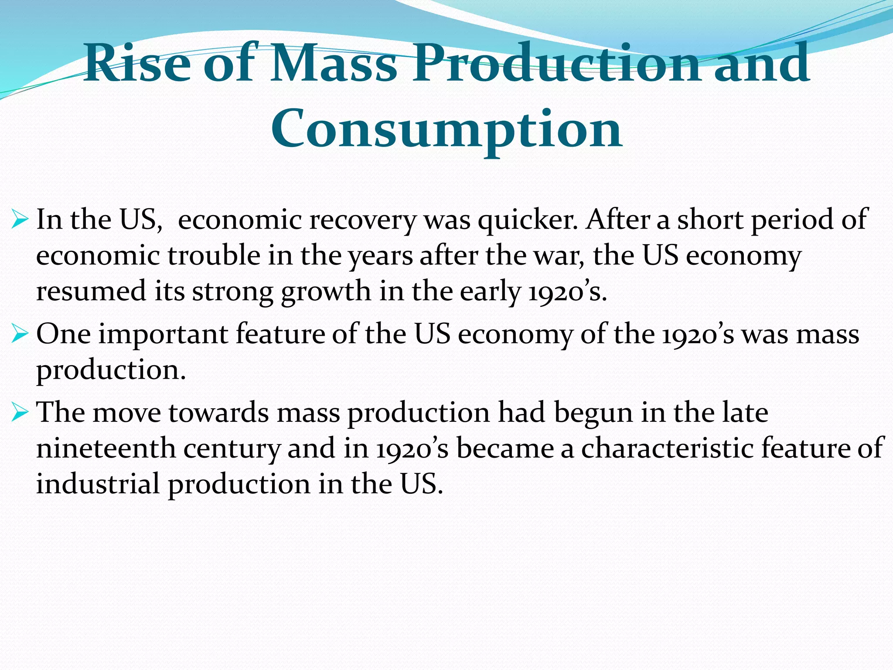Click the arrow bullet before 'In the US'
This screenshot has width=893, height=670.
[20, 219]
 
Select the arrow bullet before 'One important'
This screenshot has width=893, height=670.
[20, 334]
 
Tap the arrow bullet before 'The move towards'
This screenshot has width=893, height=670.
[20, 412]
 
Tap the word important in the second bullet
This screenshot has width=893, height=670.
[163, 335]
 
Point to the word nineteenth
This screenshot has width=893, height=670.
[106, 448]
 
